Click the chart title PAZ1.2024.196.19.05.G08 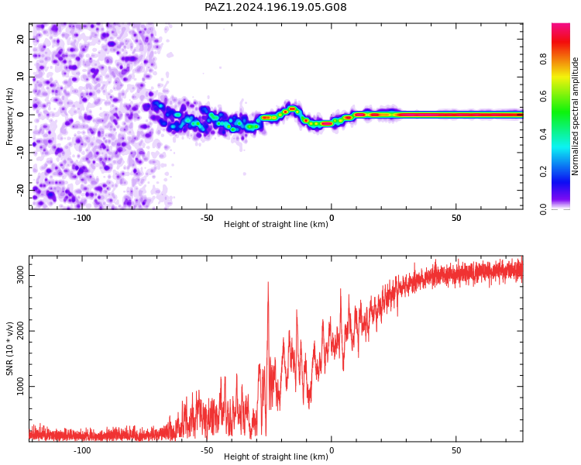275,7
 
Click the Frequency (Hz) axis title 9,116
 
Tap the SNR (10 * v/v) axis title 9,349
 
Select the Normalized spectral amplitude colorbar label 575,116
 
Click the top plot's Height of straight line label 276,224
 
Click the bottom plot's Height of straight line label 276,456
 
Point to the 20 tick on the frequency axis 20,39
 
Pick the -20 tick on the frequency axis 20,190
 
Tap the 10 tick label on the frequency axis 20,77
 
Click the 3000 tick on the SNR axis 20,276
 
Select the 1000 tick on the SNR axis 20,387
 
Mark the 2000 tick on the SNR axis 20,331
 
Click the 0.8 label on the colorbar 543,59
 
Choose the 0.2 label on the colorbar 543,171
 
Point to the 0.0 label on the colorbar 543,209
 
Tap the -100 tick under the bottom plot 82,450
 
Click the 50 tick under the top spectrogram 456,218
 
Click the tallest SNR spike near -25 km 268,283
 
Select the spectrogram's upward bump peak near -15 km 292,108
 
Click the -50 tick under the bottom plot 207,450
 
